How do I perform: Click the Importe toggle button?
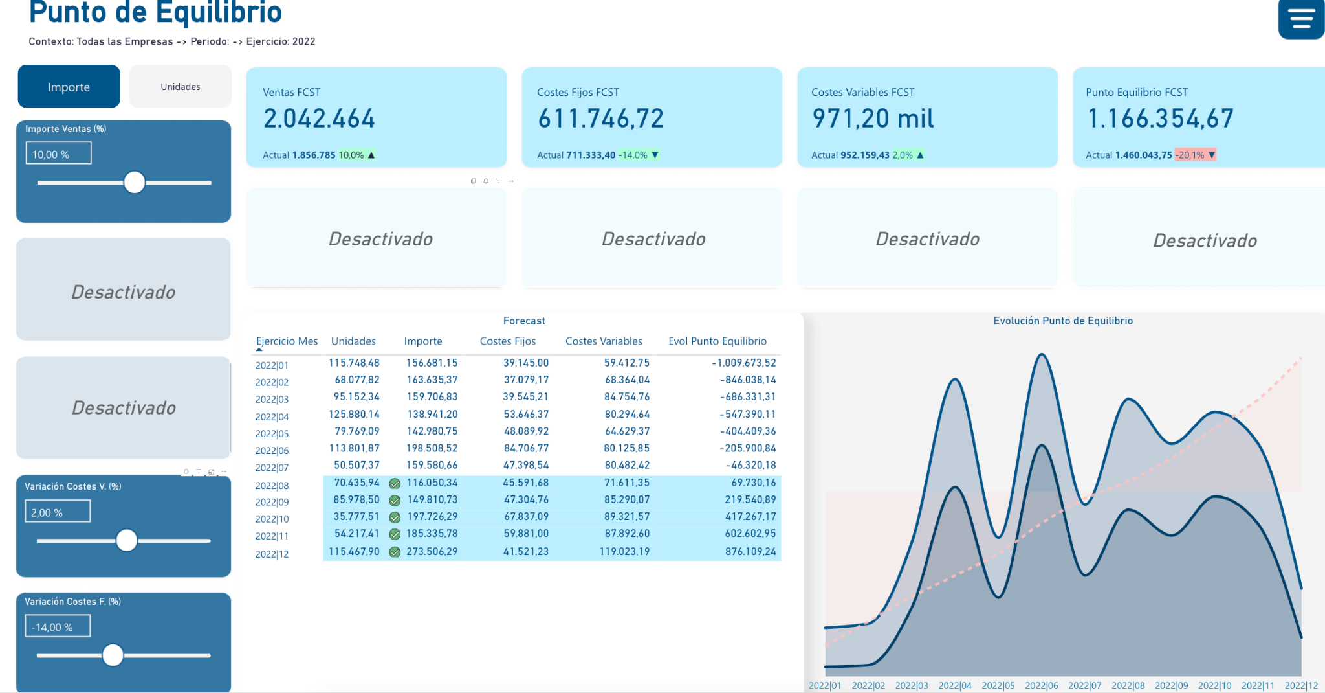pos(69,86)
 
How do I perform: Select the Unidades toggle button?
pos(181,86)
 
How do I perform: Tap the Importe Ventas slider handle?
pos(135,183)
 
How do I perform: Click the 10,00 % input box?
pos(59,153)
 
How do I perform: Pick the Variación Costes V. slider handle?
pos(127,540)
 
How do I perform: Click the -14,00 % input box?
pos(58,626)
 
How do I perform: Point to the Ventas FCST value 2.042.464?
pos(319,119)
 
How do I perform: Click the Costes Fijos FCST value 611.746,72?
pos(600,119)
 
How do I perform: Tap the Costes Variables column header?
pos(604,341)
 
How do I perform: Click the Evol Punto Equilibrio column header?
pos(717,341)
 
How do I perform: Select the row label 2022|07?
pos(272,468)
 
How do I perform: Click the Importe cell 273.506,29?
pos(432,552)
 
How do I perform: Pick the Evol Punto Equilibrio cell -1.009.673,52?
pos(744,363)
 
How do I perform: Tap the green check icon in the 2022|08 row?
pos(395,483)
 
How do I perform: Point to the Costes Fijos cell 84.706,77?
pos(526,448)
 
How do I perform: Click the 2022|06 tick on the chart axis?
pos(1042,686)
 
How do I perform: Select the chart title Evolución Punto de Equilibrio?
pos(1063,321)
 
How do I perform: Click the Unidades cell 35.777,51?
pos(356,517)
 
